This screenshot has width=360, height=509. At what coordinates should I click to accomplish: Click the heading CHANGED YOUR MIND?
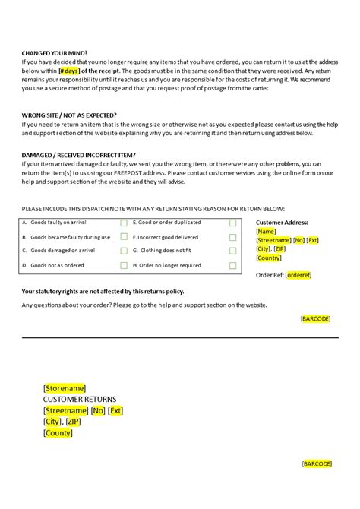[x=51, y=52]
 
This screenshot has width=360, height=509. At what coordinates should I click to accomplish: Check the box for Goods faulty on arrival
[x=124, y=223]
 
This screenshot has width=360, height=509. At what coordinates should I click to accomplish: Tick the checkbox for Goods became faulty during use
[x=124, y=237]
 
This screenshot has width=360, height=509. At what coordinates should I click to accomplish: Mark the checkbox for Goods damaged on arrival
[x=124, y=251]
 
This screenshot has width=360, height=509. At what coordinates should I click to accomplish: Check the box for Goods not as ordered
[x=124, y=266]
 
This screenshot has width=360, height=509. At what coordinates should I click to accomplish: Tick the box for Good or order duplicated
[x=233, y=223]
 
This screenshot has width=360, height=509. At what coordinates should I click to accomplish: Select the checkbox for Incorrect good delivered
[x=233, y=237]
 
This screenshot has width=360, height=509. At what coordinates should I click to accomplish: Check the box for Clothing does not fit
[x=233, y=251]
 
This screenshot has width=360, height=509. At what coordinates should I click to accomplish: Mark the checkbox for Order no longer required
[x=233, y=266]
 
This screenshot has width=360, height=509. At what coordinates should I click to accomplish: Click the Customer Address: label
[x=283, y=222]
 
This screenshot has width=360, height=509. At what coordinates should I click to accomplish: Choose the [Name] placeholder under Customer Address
[x=267, y=231]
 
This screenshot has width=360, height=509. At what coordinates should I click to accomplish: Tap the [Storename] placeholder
[x=65, y=387]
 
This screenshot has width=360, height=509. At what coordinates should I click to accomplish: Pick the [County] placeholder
[x=58, y=433]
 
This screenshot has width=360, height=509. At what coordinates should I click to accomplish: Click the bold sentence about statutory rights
[x=103, y=291]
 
